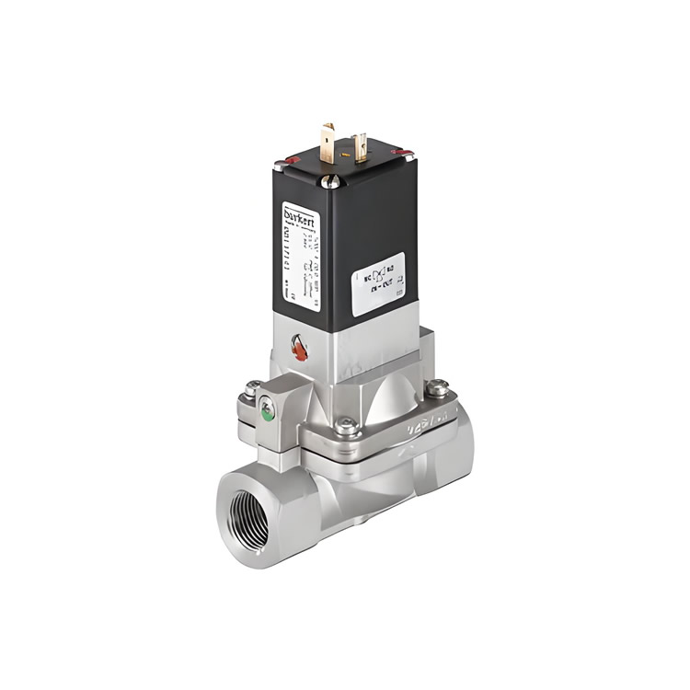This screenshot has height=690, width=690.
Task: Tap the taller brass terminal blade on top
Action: click(x=328, y=143)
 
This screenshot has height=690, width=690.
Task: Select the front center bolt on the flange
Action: click(x=346, y=426)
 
